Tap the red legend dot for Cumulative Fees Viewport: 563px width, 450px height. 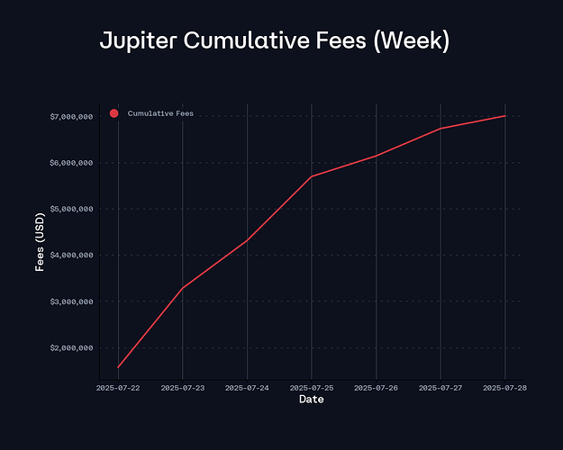[114, 113]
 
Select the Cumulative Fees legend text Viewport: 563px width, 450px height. [160, 113]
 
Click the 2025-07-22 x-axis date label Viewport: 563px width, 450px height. [118, 388]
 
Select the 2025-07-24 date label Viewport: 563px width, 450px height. [247, 388]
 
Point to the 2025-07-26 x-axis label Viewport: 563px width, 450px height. [376, 388]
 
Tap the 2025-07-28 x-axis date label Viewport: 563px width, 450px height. [504, 388]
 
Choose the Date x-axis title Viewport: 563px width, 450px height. [311, 399]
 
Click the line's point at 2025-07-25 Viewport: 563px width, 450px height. [312, 176]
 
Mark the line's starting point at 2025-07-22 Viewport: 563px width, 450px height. [118, 368]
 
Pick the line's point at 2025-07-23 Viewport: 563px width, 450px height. [183, 288]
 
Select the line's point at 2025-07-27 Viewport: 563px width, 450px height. [440, 128]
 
